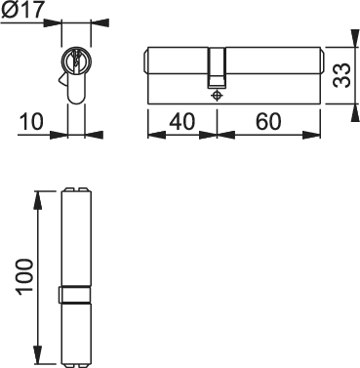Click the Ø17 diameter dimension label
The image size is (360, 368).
coord(22,10)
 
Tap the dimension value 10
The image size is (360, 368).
coord(31,121)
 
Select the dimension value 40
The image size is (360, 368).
coord(182,121)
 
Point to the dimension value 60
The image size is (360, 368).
coord(268,121)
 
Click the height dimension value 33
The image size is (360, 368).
coord(341,75)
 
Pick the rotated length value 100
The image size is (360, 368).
coord(25,277)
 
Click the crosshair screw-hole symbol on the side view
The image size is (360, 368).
coord(217,96)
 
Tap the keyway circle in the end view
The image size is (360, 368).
coord(76,61)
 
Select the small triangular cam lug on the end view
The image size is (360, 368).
coord(63,79)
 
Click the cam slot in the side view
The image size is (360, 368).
coord(217,68)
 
